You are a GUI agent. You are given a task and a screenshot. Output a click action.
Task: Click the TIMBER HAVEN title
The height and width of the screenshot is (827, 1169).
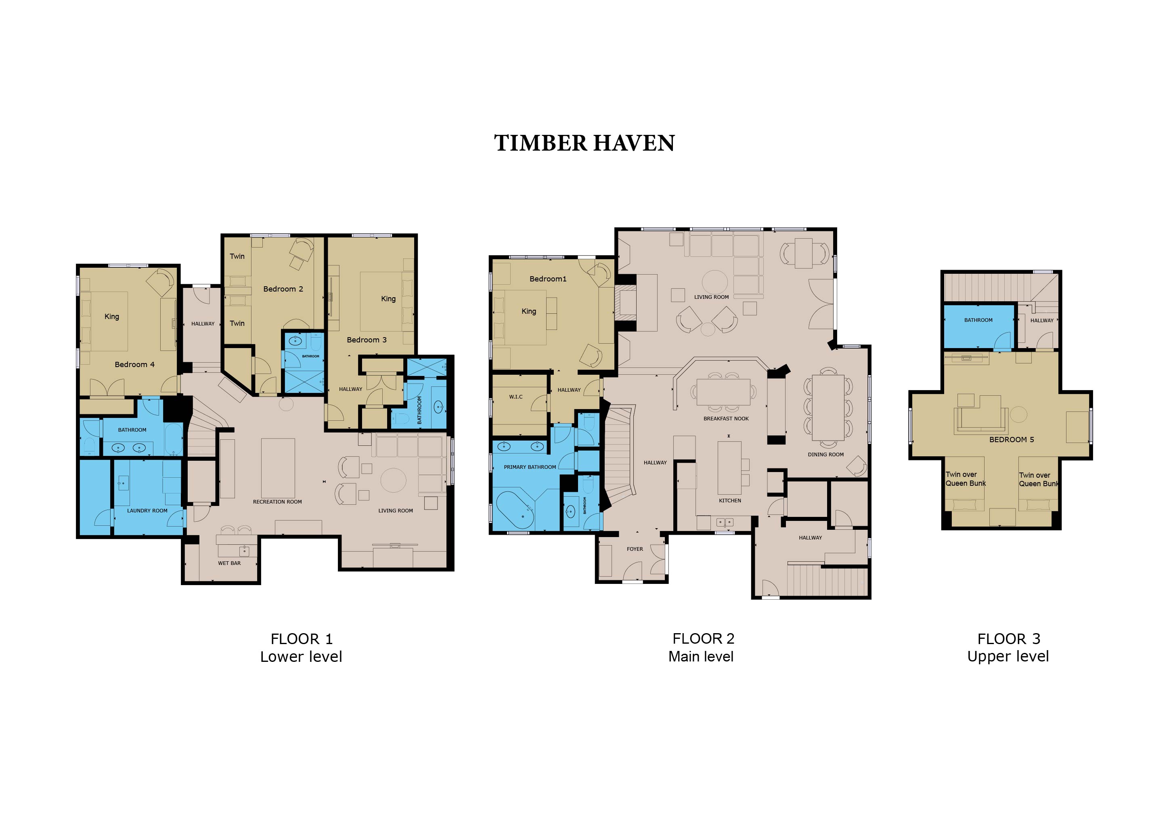click(x=584, y=143)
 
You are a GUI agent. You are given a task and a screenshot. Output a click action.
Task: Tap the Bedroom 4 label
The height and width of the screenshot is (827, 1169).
click(x=134, y=365)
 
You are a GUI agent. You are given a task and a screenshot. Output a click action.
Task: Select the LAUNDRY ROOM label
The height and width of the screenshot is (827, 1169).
click(x=147, y=511)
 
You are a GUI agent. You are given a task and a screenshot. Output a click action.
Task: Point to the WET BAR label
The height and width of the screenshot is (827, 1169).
click(x=229, y=563)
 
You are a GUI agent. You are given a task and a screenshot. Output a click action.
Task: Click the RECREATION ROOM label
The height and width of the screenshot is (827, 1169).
click(x=277, y=502)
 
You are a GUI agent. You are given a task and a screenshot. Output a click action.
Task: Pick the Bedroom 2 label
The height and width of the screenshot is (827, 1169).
click(x=283, y=289)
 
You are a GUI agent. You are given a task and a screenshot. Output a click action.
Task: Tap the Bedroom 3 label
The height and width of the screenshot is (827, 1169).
click(x=367, y=340)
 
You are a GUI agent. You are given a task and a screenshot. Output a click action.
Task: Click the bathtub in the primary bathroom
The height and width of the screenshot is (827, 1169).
click(x=515, y=510)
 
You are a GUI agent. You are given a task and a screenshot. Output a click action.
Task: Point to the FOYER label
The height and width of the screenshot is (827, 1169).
click(x=635, y=549)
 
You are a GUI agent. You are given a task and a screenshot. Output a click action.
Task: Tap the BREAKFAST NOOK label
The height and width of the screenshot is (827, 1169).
click(x=726, y=419)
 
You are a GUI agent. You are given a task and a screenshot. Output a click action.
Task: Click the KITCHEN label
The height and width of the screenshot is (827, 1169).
click(x=730, y=501)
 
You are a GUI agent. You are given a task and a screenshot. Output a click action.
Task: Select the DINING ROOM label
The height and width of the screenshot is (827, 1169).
click(x=826, y=455)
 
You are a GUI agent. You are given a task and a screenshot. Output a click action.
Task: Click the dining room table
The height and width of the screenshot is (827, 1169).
click(x=828, y=407)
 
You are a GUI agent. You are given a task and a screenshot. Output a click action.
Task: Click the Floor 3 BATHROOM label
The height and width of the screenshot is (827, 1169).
click(x=978, y=320)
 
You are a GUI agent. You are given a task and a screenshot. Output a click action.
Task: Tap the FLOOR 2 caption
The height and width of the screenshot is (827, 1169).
click(x=703, y=638)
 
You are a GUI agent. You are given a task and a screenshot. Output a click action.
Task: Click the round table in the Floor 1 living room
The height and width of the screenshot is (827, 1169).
click(x=394, y=480)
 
